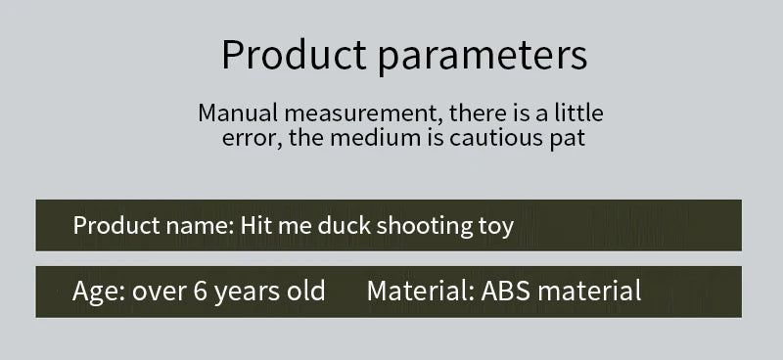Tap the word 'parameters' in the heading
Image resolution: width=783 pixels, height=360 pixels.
tap(483, 56)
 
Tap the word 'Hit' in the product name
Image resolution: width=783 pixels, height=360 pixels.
tap(256, 226)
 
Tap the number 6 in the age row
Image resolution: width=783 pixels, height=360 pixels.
tap(199, 292)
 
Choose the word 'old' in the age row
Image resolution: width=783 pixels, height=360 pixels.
tap(306, 291)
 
